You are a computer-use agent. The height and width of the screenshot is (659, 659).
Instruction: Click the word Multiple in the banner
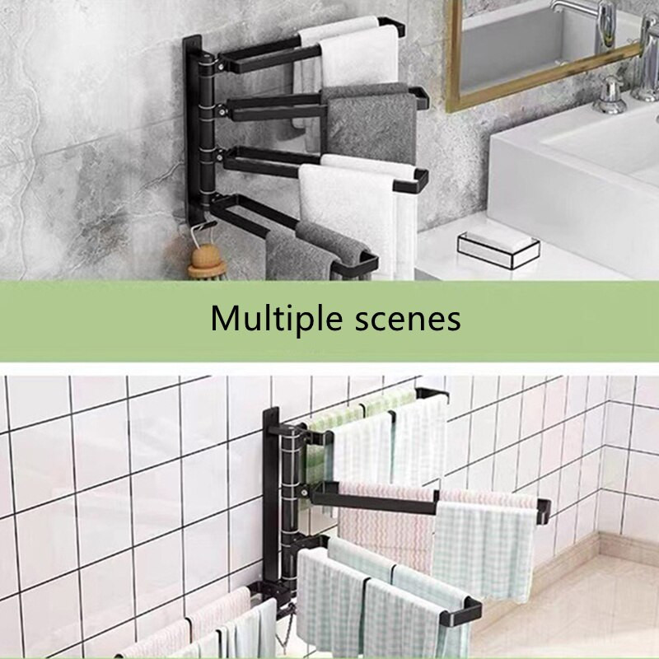277,319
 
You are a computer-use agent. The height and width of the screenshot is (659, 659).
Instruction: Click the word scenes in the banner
408,320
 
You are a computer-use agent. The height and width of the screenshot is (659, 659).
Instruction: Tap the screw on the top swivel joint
220,66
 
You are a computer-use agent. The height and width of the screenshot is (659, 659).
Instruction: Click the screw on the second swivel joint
220,112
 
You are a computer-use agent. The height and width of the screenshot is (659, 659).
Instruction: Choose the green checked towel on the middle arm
484,550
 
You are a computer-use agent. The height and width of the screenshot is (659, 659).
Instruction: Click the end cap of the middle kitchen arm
543,511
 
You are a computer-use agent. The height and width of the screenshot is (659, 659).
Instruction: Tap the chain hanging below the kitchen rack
283,627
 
